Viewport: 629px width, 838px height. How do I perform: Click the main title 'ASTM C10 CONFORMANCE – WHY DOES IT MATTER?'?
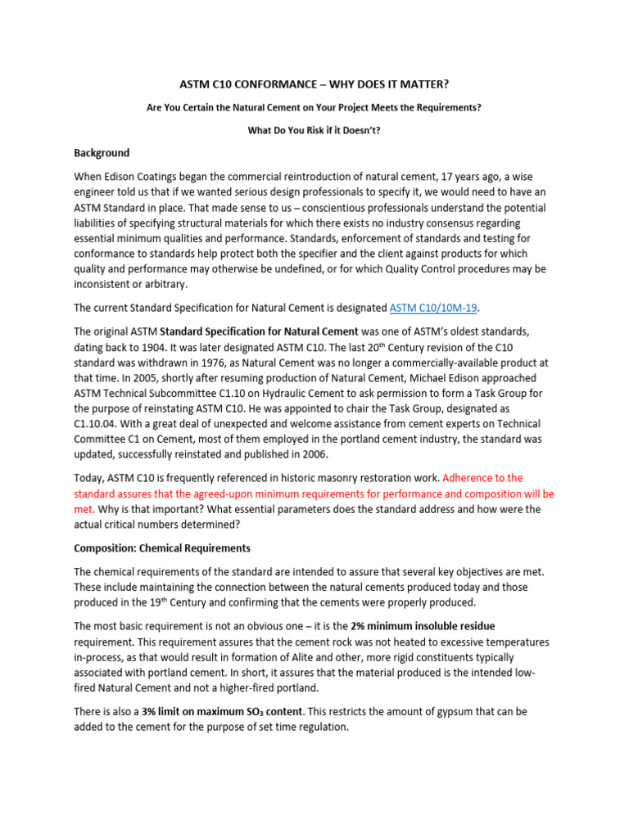click(x=314, y=84)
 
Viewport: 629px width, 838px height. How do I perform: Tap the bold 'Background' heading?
click(x=102, y=153)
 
